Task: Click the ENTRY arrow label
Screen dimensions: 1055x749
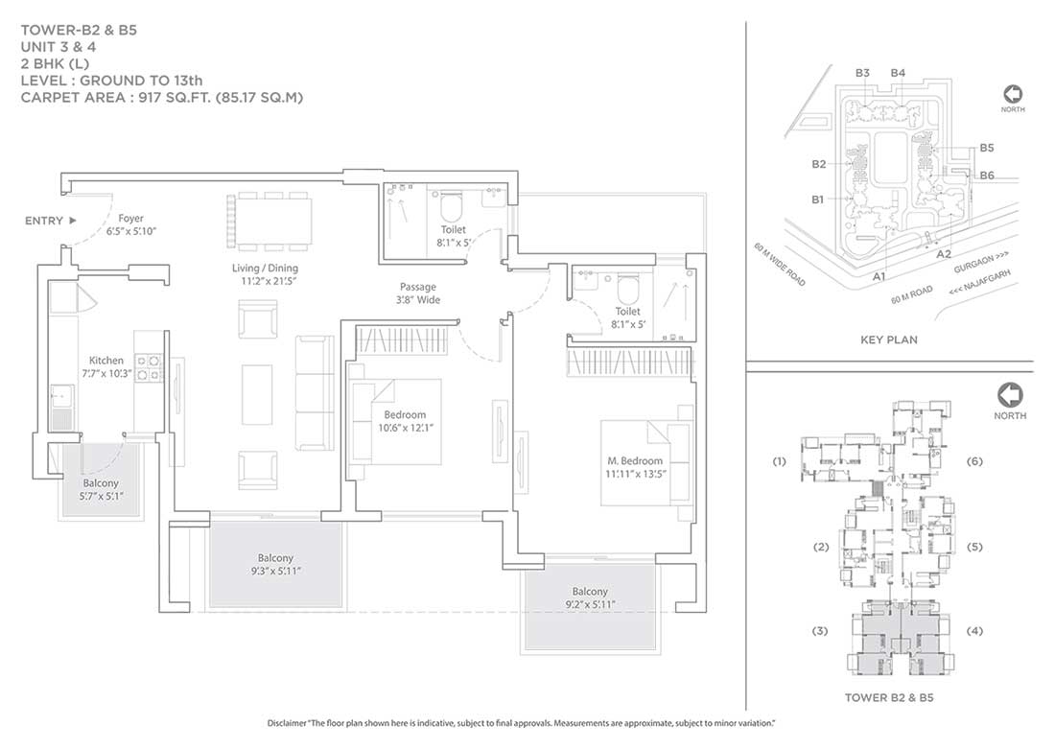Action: (x=51, y=221)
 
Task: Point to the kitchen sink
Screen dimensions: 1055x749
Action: (x=62, y=408)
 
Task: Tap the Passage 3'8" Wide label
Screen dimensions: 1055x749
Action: (x=418, y=293)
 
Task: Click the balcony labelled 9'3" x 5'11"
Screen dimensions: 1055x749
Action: (x=276, y=564)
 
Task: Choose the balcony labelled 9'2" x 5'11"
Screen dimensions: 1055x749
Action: (x=590, y=605)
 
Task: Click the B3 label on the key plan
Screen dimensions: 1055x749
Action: (x=862, y=73)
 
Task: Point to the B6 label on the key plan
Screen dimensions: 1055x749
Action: (x=986, y=175)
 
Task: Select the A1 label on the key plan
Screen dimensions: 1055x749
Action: (x=879, y=276)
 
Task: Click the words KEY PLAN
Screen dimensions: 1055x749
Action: (x=889, y=339)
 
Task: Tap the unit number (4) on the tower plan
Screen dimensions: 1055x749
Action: (x=974, y=631)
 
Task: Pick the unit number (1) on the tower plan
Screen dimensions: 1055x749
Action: (x=779, y=461)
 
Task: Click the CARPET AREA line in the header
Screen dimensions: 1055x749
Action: (x=162, y=98)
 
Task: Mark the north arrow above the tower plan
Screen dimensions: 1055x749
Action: (x=1010, y=395)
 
